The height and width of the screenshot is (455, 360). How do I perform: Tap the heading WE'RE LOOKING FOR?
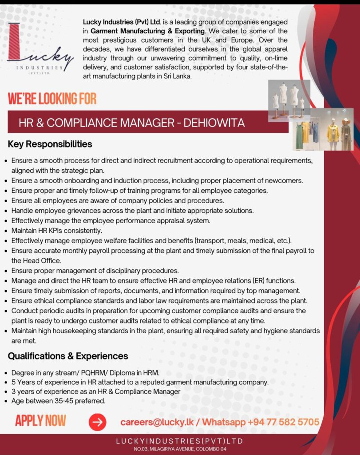(52, 98)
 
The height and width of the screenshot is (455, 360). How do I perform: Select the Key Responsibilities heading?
(50, 144)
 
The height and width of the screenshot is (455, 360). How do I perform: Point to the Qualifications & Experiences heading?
(68, 356)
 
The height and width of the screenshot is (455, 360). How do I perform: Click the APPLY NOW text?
(40, 420)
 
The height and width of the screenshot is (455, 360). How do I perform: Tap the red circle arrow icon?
(97, 422)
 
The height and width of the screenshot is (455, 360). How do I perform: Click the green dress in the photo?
(300, 136)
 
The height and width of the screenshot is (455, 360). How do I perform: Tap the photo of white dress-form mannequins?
(289, 100)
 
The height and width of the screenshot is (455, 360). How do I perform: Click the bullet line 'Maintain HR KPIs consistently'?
(57, 230)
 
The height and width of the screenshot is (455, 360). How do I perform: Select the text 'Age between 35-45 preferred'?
(58, 401)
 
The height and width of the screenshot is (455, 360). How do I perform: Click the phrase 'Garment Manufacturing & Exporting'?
(148, 31)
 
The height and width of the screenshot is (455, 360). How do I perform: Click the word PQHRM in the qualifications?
(92, 372)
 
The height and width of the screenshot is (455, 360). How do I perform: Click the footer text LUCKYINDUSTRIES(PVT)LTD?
(180, 441)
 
